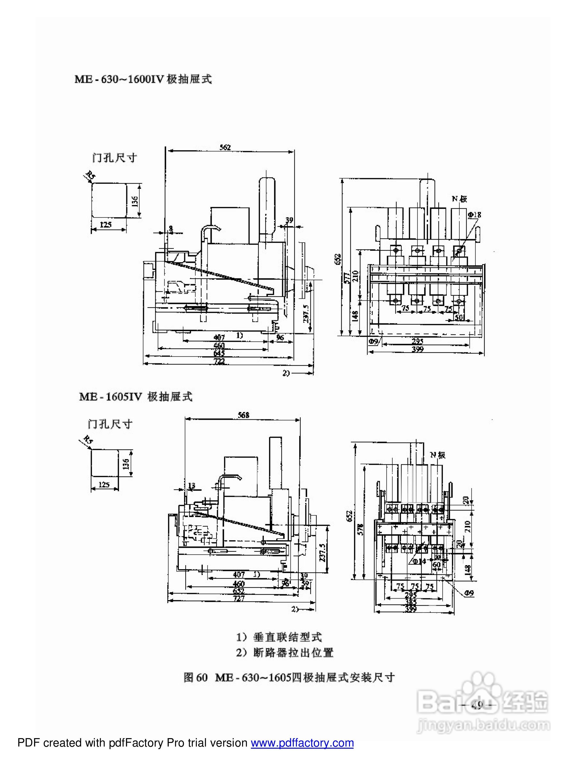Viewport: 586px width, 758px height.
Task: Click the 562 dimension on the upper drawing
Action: (225, 147)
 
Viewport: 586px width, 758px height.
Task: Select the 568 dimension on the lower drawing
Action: (243, 415)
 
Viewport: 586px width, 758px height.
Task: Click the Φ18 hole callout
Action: (474, 215)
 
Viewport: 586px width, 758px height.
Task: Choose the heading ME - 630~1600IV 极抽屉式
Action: (143, 79)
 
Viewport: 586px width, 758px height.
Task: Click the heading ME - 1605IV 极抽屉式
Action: (136, 397)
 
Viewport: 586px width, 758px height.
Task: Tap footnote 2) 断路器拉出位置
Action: (285, 653)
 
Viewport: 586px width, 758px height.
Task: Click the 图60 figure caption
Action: (289, 677)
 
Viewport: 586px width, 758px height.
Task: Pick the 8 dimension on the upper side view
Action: (170, 228)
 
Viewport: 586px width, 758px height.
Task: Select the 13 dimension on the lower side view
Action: (191, 485)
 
